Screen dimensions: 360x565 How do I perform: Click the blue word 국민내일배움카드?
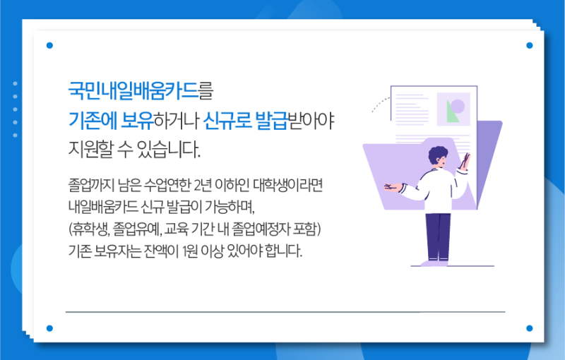132,91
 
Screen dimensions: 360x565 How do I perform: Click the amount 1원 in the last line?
204,251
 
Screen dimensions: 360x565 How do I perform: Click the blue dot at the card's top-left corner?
49,45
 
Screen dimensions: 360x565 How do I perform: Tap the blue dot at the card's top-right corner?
529,45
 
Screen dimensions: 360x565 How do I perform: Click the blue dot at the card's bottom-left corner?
49,328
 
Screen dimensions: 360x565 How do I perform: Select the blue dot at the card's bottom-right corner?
529,328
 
